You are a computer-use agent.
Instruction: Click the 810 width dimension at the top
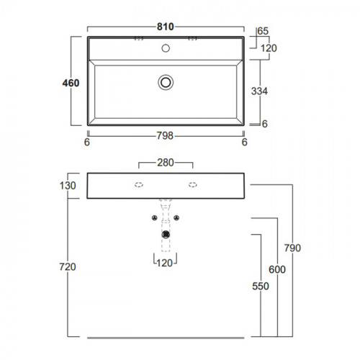pos(166,27)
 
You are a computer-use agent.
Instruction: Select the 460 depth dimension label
pos(71,83)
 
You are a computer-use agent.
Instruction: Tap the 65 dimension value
pos(263,31)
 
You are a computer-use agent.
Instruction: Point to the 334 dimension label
pos(259,91)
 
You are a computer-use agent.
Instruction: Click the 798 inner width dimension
pos(165,136)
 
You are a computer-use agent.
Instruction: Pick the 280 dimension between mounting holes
pos(166,163)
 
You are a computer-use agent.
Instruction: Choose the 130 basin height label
pos(68,186)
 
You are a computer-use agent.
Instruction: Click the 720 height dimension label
pos(68,266)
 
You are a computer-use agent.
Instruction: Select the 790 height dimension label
pos(292,248)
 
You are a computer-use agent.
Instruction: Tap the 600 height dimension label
pos(277,269)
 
